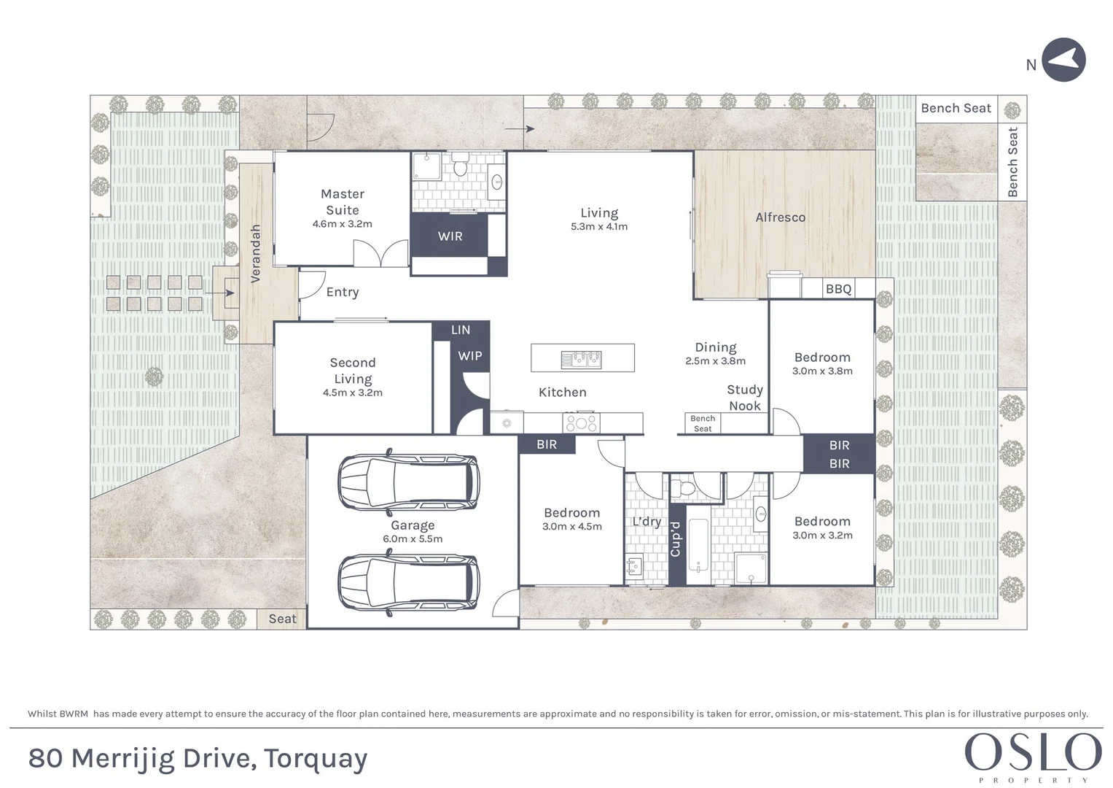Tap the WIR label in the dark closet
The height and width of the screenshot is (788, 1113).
coord(450,236)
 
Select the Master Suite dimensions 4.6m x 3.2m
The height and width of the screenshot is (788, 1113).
coord(343,224)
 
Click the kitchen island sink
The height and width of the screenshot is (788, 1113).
coord(582,359)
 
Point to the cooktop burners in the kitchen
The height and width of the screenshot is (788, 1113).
coord(582,423)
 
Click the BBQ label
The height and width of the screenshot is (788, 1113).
coord(839,289)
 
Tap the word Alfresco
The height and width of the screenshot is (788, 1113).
coord(781,217)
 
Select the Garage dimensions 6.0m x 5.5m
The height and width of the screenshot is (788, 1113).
coord(413,538)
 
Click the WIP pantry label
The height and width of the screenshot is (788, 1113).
coord(470,356)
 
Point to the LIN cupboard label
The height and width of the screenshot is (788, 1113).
coord(461,330)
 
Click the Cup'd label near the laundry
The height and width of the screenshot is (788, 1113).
coord(675,539)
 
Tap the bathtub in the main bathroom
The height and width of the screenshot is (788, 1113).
coord(698,545)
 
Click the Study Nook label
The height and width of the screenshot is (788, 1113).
coord(745,398)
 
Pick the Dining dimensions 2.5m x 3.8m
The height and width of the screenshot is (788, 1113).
coord(716,360)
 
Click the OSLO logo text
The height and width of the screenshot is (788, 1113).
coord(1033,752)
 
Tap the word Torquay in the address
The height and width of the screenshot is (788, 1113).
coord(316,759)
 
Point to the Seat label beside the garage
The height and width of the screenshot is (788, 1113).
coord(282,619)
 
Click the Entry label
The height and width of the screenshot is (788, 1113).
coord(343,292)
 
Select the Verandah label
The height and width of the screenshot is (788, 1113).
coord(255,254)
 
